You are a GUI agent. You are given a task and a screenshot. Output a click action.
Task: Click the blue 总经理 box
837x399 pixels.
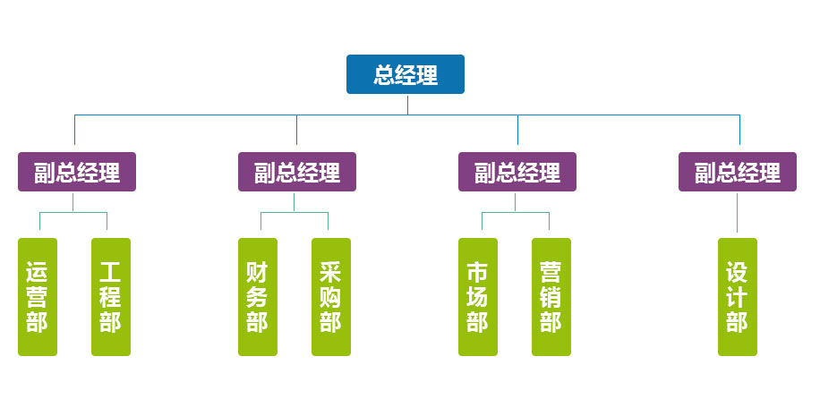click(x=406, y=74)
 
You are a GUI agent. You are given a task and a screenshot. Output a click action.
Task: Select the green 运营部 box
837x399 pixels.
click(x=38, y=296)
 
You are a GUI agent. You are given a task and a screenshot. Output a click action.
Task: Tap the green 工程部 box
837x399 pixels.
click(x=111, y=296)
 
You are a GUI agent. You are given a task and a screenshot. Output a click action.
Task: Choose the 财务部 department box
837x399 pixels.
click(x=258, y=296)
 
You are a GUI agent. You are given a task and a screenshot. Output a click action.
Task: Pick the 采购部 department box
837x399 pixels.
click(x=331, y=296)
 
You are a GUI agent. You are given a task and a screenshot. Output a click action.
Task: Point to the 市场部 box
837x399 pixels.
click(x=478, y=296)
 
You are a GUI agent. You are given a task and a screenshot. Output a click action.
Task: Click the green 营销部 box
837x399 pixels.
click(x=551, y=296)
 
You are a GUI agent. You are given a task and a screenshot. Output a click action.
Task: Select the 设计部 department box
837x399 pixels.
click(x=738, y=296)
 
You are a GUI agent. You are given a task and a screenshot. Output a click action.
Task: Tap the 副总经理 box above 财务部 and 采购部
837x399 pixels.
click(x=297, y=172)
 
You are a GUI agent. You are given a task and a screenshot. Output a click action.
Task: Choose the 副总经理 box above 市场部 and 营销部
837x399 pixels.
click(x=517, y=172)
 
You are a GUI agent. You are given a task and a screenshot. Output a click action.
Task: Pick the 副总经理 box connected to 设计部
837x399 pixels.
click(x=738, y=172)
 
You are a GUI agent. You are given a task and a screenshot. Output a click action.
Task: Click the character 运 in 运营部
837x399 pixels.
click(x=38, y=271)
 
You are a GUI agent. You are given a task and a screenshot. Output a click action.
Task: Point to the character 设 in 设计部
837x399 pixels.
click(x=738, y=271)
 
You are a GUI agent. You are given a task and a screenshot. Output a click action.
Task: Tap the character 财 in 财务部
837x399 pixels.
click(x=258, y=271)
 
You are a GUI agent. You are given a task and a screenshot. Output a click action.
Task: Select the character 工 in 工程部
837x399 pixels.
click(x=111, y=271)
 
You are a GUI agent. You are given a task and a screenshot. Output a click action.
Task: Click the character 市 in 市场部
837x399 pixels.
click(x=478, y=271)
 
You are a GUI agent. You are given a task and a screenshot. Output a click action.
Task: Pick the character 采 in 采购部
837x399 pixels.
click(x=331, y=271)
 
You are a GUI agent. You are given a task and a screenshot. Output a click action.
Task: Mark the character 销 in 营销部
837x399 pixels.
click(x=551, y=296)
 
